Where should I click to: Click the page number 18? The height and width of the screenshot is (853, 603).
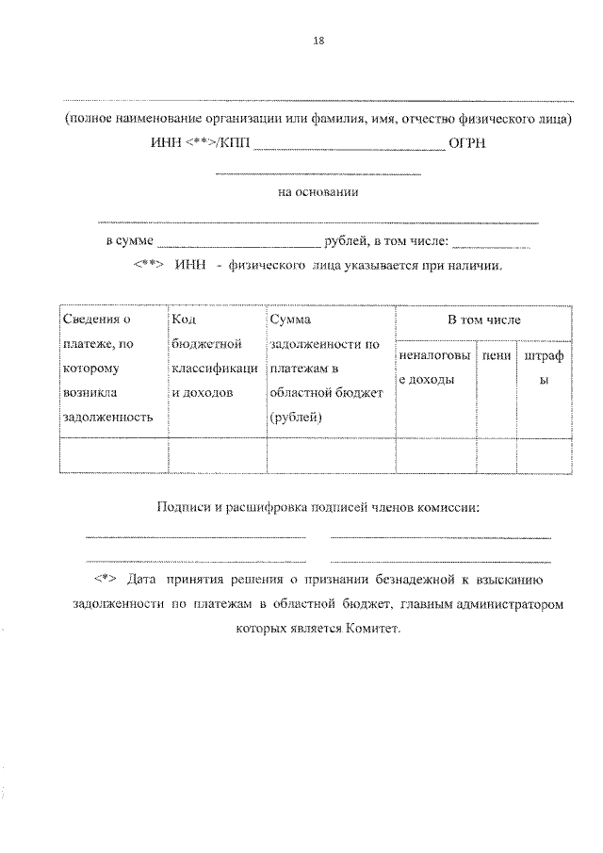pos(318,40)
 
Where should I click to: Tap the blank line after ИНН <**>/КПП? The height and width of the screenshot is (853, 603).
pos(350,147)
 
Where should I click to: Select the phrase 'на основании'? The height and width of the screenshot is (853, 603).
pos(318,192)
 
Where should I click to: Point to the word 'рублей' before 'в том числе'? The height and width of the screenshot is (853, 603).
pos(344,241)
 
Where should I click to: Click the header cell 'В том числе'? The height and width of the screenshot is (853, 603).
pos(483,320)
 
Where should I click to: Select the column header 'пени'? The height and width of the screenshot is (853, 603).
pos(496,356)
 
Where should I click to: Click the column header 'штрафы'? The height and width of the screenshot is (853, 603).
pos(544,368)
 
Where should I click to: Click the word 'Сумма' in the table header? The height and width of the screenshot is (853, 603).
pos(290,320)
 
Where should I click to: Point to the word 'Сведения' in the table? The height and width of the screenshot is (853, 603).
pos(91,320)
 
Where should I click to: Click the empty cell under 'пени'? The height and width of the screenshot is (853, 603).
pos(496,455)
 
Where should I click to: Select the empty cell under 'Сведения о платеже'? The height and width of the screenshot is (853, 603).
pos(112,455)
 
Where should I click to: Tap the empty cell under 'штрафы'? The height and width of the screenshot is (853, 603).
pos(544,455)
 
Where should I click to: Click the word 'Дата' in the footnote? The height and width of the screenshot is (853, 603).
pos(140,575)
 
